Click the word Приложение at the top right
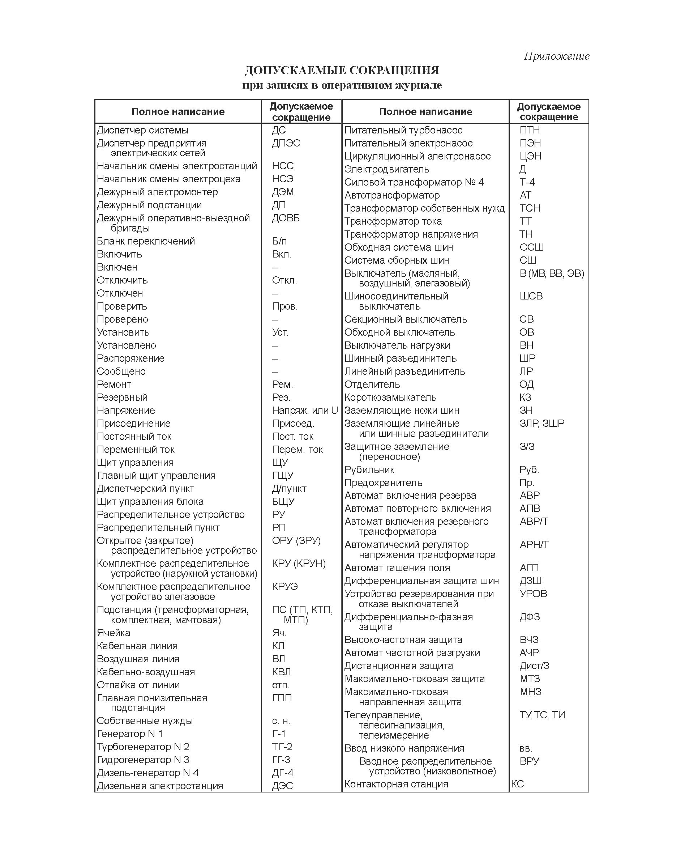pyautogui.click(x=556, y=56)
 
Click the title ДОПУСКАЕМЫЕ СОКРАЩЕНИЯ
pyautogui.click(x=342, y=71)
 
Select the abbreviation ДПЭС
pyautogui.click(x=286, y=143)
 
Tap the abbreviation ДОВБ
pyautogui.click(x=286, y=218)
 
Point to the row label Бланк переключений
pyautogui.click(x=146, y=241)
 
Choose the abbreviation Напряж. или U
pyautogui.click(x=305, y=411)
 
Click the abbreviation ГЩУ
pyautogui.click(x=283, y=476)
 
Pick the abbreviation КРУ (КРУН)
pyautogui.click(x=299, y=564)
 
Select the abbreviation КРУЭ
pyautogui.click(x=285, y=587)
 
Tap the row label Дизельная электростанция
pyautogui.click(x=160, y=786)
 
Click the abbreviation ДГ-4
pyautogui.click(x=283, y=773)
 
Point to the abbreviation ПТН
pyautogui.click(x=530, y=130)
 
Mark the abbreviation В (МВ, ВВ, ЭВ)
pyautogui.click(x=552, y=273)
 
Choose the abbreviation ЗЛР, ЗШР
pyautogui.click(x=542, y=424)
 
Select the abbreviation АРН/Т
pyautogui.click(x=534, y=545)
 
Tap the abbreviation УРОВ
pyautogui.click(x=533, y=594)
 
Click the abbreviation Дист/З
pyautogui.click(x=534, y=666)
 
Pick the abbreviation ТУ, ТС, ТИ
pyautogui.click(x=542, y=715)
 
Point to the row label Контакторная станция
pyautogui.click(x=396, y=785)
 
